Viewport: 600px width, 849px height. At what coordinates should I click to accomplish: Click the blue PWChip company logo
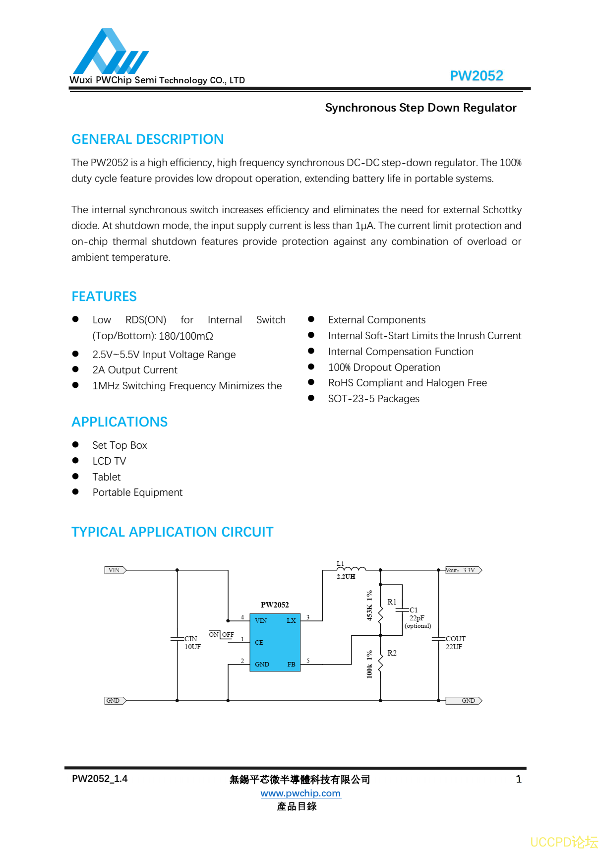click(x=110, y=53)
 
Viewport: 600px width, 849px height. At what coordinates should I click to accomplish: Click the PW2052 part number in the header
click(x=476, y=76)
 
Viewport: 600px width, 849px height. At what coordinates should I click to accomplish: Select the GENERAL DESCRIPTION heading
click(x=147, y=139)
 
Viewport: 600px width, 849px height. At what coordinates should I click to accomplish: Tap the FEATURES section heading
click(x=104, y=297)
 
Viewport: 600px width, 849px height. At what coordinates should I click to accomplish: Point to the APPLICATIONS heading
click(x=120, y=422)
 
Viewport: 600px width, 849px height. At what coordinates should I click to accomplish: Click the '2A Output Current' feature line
click(x=135, y=370)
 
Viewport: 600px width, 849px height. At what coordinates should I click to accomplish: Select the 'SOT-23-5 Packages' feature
click(x=373, y=399)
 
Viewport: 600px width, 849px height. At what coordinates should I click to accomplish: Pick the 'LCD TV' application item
click(x=109, y=461)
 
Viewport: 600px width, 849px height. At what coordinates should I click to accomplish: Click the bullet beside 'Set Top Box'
click(x=75, y=445)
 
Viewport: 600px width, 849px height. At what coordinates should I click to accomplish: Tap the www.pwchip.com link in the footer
click(x=300, y=793)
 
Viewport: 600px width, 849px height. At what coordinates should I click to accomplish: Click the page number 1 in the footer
click(x=519, y=779)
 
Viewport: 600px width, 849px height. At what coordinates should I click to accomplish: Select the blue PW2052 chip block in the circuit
click(x=275, y=642)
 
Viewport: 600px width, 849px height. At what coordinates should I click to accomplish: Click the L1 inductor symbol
click(x=351, y=569)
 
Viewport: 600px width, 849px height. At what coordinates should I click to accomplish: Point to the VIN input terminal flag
click(x=115, y=570)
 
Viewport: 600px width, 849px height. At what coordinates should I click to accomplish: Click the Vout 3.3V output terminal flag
click(x=463, y=570)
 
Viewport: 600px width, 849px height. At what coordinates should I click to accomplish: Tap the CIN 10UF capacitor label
click(x=192, y=643)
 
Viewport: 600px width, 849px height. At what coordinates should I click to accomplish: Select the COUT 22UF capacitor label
click(x=455, y=643)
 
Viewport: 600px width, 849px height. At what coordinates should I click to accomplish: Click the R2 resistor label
click(x=392, y=653)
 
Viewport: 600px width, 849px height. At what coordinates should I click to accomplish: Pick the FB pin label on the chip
click(x=291, y=665)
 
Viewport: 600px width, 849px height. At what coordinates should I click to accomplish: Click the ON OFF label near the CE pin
click(x=221, y=635)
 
